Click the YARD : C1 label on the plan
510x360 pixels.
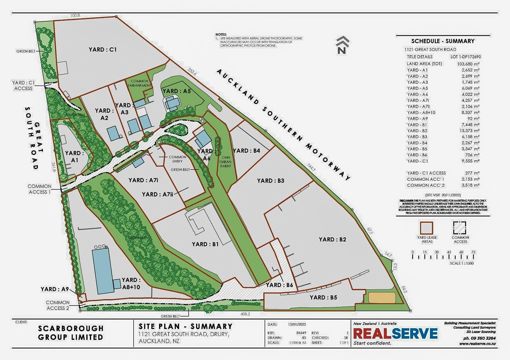(103, 49)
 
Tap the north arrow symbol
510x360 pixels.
(343, 45)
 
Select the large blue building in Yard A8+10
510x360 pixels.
(103, 271)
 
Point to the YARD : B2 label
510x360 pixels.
(332, 240)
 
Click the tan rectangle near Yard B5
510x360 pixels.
(382, 298)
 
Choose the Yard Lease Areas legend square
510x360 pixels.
(427, 228)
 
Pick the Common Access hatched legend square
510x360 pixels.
(460, 228)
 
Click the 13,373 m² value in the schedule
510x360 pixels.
(469, 131)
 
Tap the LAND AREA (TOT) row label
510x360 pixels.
(424, 64)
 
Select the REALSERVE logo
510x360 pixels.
(396, 334)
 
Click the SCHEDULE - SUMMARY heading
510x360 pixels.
(443, 41)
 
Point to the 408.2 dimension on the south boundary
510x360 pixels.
(245, 314)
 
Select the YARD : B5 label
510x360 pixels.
(323, 297)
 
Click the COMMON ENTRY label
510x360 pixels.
(177, 159)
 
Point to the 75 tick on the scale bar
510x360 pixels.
(473, 252)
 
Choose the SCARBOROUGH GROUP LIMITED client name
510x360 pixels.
(71, 332)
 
